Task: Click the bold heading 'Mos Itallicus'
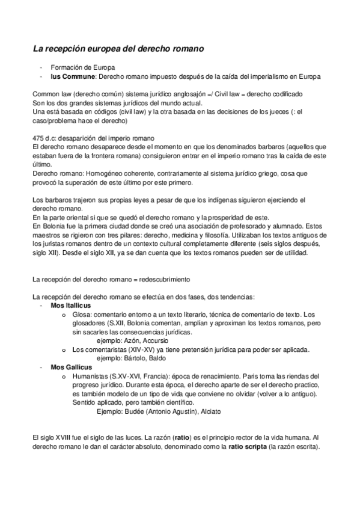tap(71, 306)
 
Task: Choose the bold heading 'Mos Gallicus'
tap(69, 367)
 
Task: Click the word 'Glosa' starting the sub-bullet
tap(80, 315)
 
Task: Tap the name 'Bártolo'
tap(136, 358)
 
